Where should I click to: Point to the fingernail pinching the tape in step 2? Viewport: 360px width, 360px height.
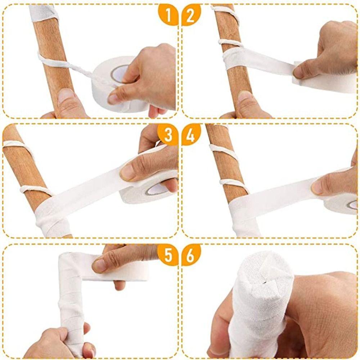tap(298, 72)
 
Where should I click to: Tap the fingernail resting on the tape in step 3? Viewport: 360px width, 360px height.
tap(127, 172)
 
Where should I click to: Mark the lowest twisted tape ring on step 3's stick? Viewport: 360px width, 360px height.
tap(36, 189)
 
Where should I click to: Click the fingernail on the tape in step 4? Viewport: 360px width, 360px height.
tap(317, 187)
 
